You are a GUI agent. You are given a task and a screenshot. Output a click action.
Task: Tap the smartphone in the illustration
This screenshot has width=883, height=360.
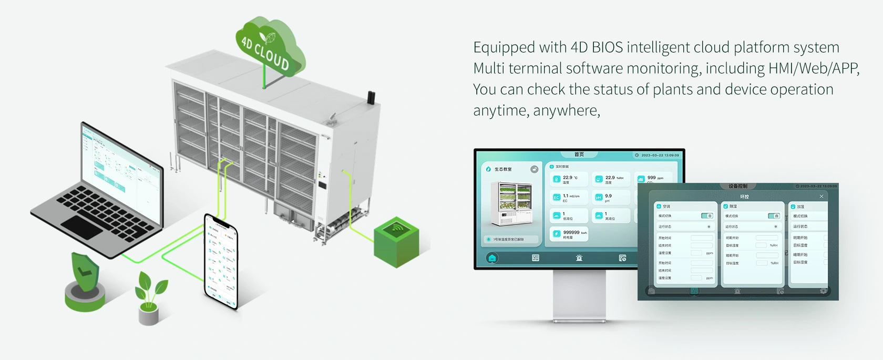point(221,261)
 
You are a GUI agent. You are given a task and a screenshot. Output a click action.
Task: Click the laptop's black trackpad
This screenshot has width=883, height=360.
point(82,227)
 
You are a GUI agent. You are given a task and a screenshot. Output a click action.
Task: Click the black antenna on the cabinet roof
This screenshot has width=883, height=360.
point(371,98)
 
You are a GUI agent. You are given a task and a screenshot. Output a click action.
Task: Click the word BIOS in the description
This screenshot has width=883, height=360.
point(607,47)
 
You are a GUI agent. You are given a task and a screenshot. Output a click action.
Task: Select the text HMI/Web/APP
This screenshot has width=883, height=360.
point(813,68)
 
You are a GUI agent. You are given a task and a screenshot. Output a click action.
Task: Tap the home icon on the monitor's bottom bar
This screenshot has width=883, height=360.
point(492,258)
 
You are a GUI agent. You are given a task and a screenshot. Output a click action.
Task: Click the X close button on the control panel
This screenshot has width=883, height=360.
point(822,197)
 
